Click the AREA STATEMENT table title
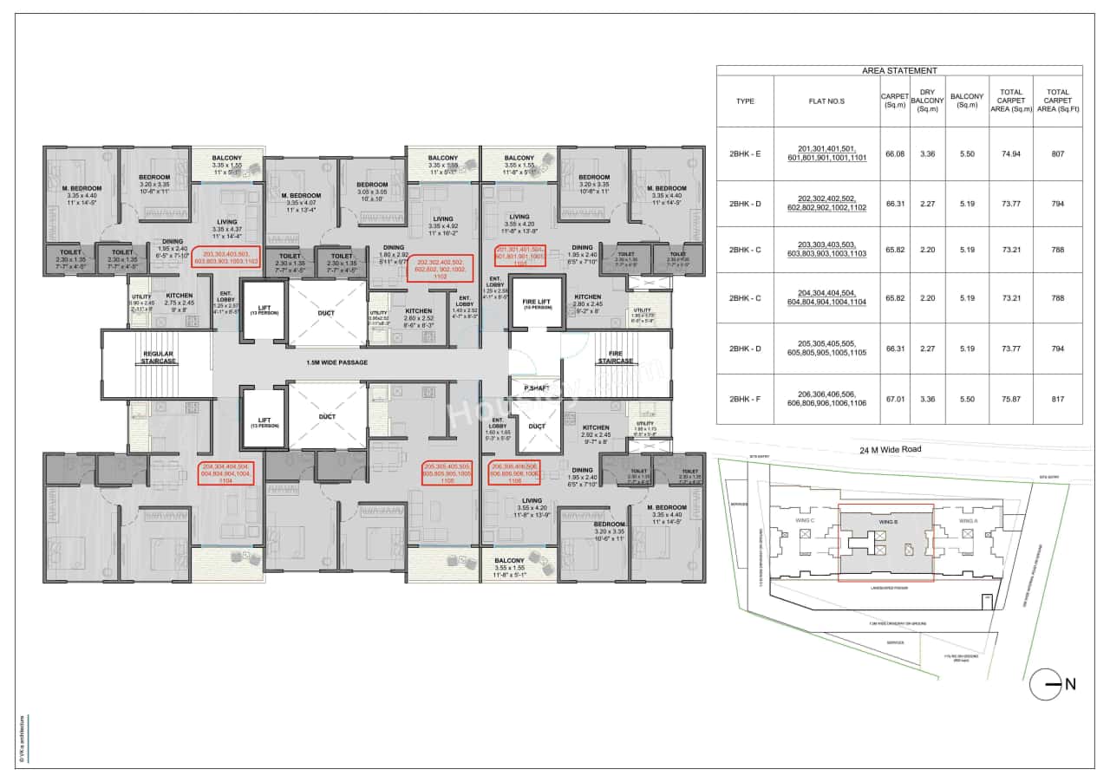tap(899, 71)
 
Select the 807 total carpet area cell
tap(1057, 153)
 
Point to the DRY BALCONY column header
tap(926, 101)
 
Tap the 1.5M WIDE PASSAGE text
tap(337, 362)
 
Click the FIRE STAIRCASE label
tap(615, 358)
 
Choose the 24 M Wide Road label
tap(891, 450)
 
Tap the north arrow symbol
tap(1051, 684)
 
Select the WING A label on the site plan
tap(968, 520)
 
